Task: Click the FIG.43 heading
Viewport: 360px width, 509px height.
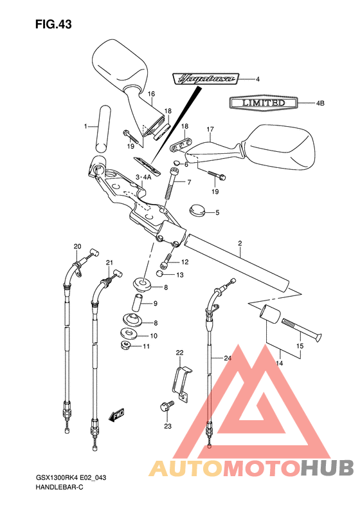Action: (x=53, y=24)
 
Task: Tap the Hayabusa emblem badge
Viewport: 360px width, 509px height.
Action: (x=206, y=79)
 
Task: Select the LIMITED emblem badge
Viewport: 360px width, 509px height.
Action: (x=263, y=103)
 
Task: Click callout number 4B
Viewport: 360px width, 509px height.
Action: (x=319, y=103)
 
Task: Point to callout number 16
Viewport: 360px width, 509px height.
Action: (x=151, y=94)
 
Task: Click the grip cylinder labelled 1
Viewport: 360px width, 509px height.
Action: (x=103, y=129)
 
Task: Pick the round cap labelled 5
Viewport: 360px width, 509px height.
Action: (x=197, y=210)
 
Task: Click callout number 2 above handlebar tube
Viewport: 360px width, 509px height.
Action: (x=240, y=243)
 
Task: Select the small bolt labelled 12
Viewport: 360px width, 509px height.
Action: (x=165, y=261)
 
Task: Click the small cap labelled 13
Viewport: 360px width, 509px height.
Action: (x=160, y=273)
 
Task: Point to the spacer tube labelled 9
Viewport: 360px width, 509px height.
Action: (x=136, y=302)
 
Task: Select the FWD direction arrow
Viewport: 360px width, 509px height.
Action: (x=116, y=415)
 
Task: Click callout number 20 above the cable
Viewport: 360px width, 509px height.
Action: (x=77, y=246)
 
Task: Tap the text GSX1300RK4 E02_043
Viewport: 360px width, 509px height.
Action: (x=71, y=478)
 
